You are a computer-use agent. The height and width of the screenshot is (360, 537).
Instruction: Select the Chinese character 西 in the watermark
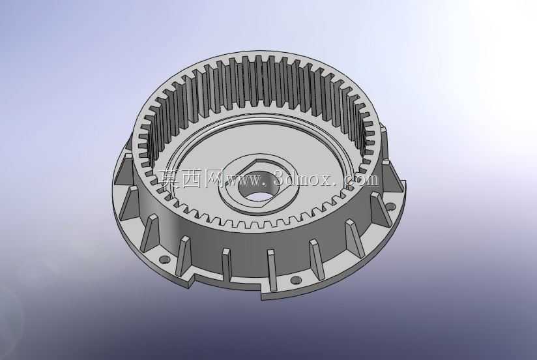point(192,179)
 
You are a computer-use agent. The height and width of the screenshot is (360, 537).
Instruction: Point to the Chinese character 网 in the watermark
point(214,179)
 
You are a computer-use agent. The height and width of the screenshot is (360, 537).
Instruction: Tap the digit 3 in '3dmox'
point(280,179)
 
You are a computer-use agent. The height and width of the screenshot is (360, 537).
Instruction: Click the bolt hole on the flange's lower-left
point(165,259)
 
